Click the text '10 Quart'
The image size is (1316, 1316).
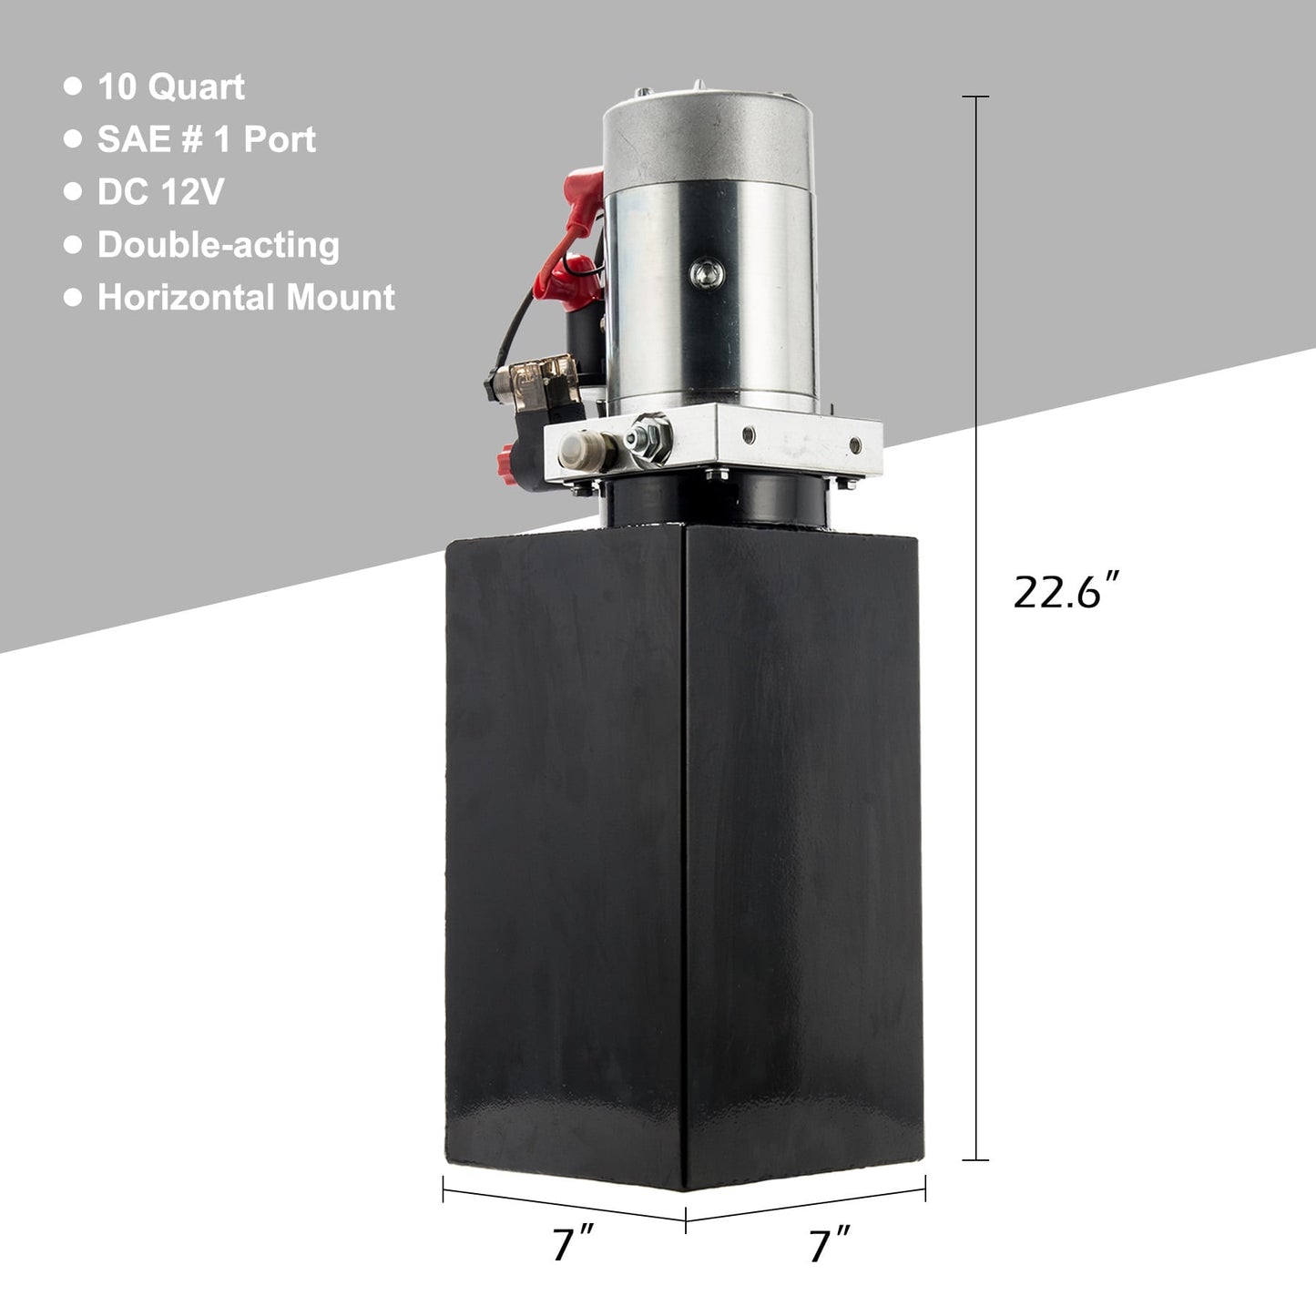171,87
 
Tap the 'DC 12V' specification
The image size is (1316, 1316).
160,192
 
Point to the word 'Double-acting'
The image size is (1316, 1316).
219,245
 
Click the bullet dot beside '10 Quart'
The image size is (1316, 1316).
73,87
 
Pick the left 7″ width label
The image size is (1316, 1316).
573,1244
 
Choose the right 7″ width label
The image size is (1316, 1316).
830,1244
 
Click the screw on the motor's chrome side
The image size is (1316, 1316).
703,271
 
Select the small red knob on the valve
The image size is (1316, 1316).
506,453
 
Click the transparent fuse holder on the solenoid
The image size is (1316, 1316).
538,373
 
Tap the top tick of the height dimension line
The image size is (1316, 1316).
975,97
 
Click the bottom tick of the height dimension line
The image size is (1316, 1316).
975,1159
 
